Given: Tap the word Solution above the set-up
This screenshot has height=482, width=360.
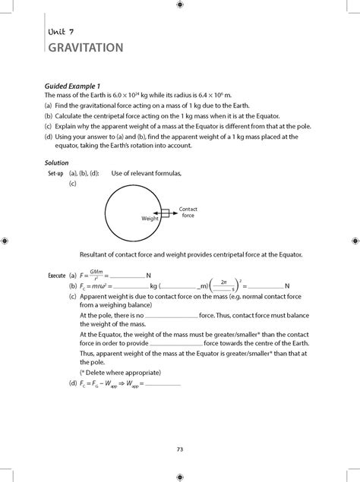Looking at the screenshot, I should click(x=57, y=163).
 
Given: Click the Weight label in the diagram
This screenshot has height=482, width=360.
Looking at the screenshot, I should click(x=149, y=218).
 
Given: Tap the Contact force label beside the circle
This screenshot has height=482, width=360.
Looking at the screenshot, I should click(x=188, y=213).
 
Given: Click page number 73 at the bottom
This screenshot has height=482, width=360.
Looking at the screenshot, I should click(x=180, y=449).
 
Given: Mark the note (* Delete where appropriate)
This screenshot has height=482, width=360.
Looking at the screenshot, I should click(x=120, y=373).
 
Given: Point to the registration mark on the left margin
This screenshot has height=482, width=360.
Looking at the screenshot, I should click(x=6, y=241).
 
